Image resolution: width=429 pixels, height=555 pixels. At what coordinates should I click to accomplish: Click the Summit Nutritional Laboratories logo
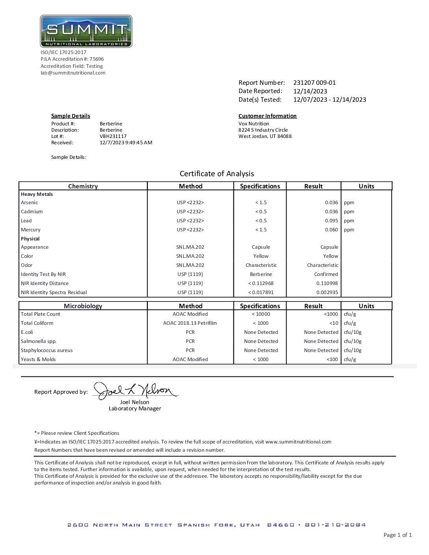pyautogui.click(x=86, y=31)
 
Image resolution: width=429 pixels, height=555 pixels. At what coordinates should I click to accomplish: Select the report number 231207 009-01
pyautogui.click(x=314, y=83)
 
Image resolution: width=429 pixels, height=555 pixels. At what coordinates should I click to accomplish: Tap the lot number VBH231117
pyautogui.click(x=113, y=136)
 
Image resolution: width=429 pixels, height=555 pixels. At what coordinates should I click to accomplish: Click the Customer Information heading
pyautogui.click(x=267, y=116)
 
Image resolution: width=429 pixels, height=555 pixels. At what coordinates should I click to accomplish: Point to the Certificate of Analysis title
pyautogui.click(x=216, y=174)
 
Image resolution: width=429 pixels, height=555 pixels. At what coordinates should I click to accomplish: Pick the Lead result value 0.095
pyautogui.click(x=331, y=221)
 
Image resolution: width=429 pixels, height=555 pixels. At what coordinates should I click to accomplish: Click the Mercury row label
pyautogui.click(x=31, y=230)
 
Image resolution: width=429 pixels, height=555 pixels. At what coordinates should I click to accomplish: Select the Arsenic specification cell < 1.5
pyautogui.click(x=261, y=203)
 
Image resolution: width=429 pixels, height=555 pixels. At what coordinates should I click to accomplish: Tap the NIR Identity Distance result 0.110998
pyautogui.click(x=327, y=283)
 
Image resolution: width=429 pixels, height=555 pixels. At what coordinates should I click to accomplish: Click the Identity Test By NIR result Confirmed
pyautogui.click(x=326, y=274)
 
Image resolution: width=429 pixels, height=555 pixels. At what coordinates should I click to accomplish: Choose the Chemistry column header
pyautogui.click(x=83, y=186)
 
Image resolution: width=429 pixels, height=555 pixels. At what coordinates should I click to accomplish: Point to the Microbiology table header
pyautogui.click(x=83, y=306)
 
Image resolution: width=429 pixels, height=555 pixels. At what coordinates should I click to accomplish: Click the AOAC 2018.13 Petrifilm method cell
pyautogui.click(x=190, y=323)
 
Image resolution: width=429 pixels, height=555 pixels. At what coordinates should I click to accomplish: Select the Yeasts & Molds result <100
pyautogui.click(x=332, y=359)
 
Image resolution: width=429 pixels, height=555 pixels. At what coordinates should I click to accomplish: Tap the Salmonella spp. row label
pyautogui.click(x=39, y=341)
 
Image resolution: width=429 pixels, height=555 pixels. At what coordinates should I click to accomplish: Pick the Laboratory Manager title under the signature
pyautogui.click(x=135, y=409)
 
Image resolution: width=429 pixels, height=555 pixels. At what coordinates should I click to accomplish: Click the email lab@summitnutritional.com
pyautogui.click(x=73, y=73)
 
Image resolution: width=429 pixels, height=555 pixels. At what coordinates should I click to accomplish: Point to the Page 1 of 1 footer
pyautogui.click(x=397, y=535)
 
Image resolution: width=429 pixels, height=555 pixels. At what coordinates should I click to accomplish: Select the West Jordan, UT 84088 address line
pyautogui.click(x=265, y=136)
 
